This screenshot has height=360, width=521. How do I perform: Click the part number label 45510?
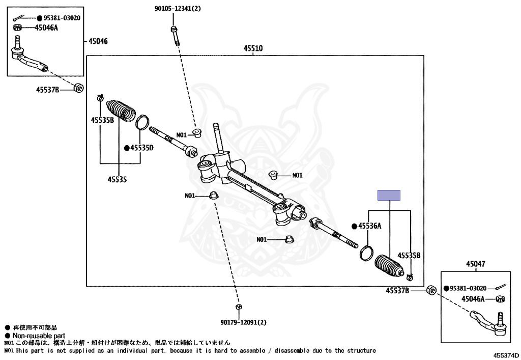pyautogui.click(x=253, y=48)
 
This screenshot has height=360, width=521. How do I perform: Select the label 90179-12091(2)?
pyautogui.click(x=243, y=322)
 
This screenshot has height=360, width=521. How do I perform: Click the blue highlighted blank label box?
pyautogui.click(x=389, y=195)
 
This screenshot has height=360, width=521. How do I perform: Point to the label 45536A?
pyautogui.click(x=369, y=226)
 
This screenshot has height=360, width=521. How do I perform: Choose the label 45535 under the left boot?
pyautogui.click(x=117, y=179)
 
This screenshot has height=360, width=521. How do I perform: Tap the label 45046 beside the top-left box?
pyautogui.click(x=98, y=41)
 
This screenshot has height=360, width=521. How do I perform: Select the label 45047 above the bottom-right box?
pyautogui.click(x=475, y=264)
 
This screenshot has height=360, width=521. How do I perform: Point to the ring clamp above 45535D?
pyautogui.click(x=142, y=122)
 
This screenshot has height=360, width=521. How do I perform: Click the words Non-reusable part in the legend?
pyautogui.click(x=39, y=336)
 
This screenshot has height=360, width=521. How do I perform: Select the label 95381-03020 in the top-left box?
pyautogui.click(x=58, y=18)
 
